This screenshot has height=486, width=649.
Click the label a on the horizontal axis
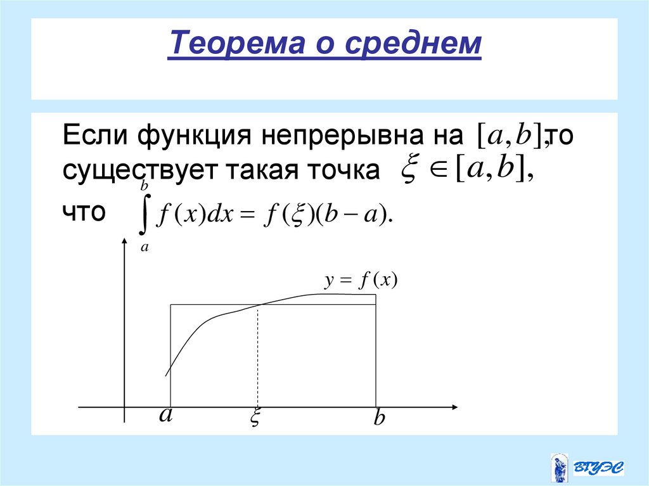pos(165,415)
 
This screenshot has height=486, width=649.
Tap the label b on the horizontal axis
pos(379,419)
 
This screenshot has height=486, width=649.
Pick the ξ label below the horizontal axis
pos(256,419)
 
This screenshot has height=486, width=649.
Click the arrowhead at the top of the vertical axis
pos(124,244)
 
